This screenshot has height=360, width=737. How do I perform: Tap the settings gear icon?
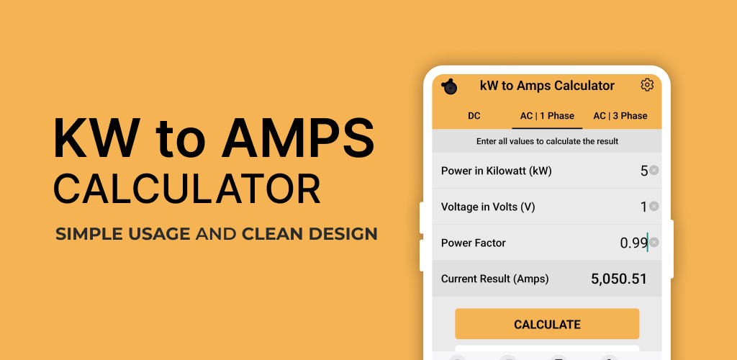647,85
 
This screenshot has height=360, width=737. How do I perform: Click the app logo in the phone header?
449,86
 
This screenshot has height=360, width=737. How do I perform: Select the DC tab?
474,116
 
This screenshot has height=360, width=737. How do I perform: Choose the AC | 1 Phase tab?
547,116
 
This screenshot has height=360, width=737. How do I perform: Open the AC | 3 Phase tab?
620,116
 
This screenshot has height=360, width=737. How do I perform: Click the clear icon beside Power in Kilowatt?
654,170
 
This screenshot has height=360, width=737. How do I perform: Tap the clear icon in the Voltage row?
654,207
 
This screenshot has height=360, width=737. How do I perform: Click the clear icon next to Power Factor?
654,243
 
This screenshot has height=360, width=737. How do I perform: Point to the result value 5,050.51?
619,279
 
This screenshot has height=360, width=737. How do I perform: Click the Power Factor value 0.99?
633,243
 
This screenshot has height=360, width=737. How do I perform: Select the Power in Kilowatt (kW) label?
497,171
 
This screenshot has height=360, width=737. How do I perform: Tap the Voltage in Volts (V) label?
488,207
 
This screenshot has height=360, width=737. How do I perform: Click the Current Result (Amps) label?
495,279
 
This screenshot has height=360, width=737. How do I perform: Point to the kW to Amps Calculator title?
547,86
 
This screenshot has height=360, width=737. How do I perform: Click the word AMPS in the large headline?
298,138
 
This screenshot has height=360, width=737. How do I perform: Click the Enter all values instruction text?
547,141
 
